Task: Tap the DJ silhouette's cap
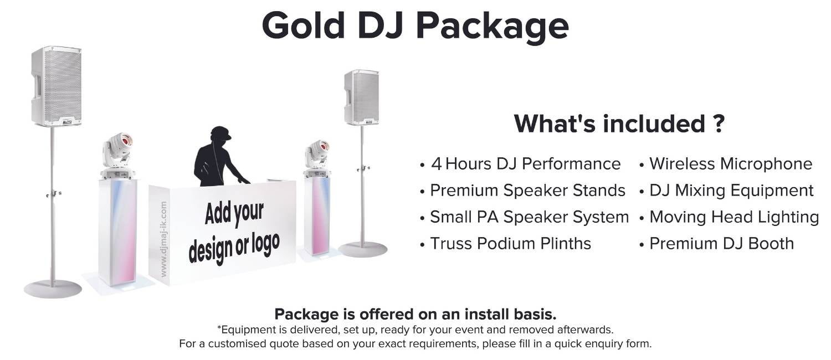click(220, 133)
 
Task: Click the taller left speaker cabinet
click(57, 86)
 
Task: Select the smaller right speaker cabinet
click(361, 97)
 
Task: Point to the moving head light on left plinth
click(117, 150)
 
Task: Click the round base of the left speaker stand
click(53, 289)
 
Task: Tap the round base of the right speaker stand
click(363, 249)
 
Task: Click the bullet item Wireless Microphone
click(730, 164)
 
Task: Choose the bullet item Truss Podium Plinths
click(510, 244)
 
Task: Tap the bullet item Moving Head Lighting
click(733, 217)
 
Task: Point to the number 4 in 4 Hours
click(437, 164)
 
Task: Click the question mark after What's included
click(717, 124)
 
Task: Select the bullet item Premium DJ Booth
click(721, 244)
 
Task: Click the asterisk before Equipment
click(219, 329)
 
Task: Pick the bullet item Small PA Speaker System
click(529, 217)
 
